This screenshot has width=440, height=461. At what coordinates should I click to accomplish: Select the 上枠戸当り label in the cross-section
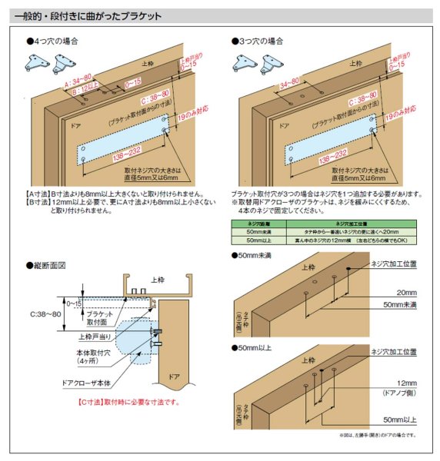(96, 336)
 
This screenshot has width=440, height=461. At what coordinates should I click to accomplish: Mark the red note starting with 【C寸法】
(126, 402)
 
